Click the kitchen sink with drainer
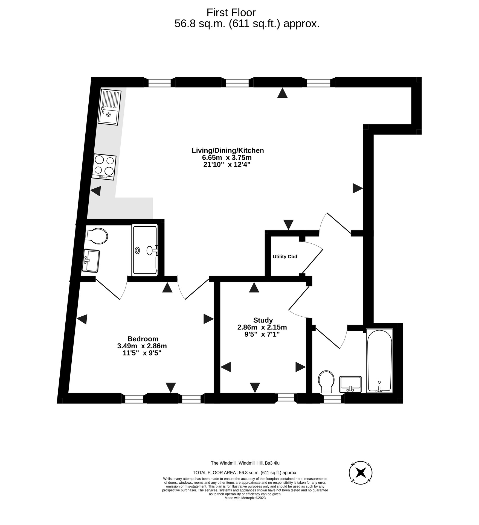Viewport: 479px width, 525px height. point(109,107)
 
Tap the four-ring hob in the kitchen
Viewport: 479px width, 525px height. point(104,167)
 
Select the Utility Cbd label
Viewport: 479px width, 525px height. point(285,256)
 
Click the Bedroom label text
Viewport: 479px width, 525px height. point(143,339)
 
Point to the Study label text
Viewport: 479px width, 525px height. point(263,320)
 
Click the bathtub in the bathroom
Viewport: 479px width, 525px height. point(379,361)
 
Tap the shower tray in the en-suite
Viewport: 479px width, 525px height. point(145,250)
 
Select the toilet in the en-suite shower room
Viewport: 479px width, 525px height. point(96,236)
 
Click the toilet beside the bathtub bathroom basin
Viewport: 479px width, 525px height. point(326,382)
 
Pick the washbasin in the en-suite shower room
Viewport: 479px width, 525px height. point(91,261)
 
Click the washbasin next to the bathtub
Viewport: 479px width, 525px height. point(350,384)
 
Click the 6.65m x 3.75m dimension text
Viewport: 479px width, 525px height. point(227,157)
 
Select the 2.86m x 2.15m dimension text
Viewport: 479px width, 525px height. point(262,327)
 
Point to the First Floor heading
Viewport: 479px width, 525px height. point(231,13)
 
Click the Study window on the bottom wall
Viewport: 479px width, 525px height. point(286,398)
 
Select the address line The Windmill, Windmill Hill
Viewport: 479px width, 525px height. point(245,463)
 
